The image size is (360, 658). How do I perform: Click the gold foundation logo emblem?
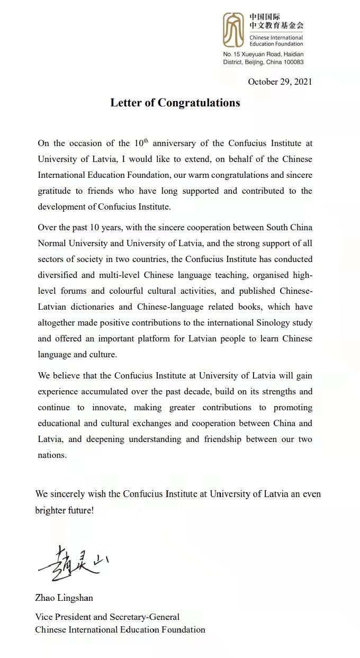point(233,30)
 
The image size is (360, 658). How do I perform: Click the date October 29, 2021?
point(280,82)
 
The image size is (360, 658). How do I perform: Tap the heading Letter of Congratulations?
point(175,103)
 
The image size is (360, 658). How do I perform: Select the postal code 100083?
point(292,62)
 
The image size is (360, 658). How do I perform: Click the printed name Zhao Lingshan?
point(64,598)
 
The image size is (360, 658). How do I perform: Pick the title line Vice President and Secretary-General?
point(107,617)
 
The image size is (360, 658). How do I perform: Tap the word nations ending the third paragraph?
point(52,455)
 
